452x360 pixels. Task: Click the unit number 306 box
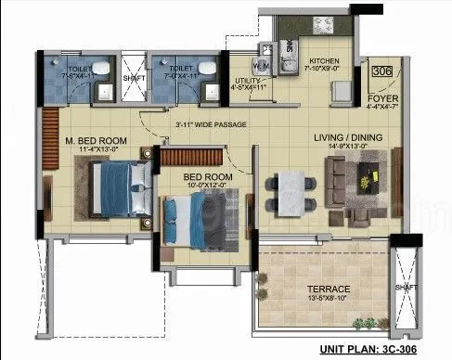pos(381,71)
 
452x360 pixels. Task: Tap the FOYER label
pos(383,97)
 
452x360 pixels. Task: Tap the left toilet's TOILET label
pos(77,68)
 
